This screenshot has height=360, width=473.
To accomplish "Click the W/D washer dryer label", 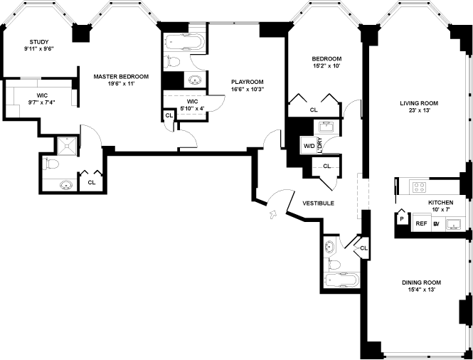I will [x=309, y=147].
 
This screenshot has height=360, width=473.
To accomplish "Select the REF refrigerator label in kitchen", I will [x=421, y=223].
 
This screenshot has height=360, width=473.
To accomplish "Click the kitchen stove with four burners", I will [x=419, y=189].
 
